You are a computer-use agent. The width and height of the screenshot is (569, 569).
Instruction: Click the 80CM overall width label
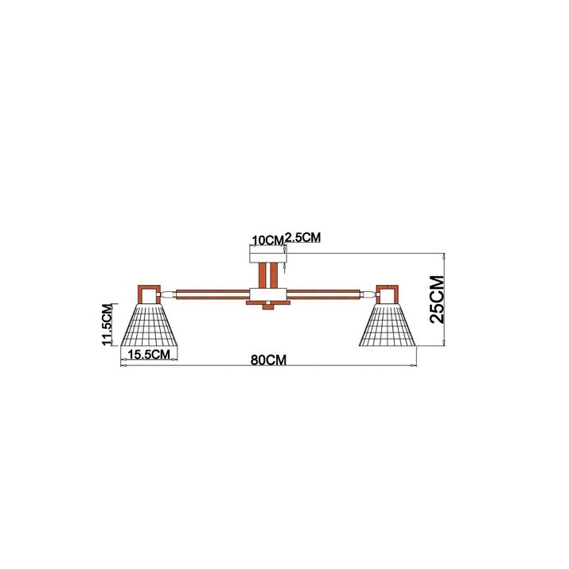[268, 360]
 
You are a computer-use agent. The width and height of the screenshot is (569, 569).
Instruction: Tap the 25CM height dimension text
[437, 299]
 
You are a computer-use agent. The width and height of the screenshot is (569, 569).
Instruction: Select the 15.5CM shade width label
[149, 354]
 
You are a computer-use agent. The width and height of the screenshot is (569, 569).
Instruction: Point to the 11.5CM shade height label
[107, 324]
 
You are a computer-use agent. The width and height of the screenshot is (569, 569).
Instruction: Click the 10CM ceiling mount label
[268, 240]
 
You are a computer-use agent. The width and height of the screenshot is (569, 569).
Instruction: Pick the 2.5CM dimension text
[303, 237]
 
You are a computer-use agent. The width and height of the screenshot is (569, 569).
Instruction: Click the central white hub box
[268, 294]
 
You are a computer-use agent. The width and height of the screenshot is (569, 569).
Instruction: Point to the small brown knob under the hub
[268, 307]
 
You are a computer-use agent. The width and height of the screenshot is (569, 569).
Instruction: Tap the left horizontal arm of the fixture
[213, 294]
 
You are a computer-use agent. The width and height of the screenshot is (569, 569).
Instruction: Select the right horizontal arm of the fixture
[323, 294]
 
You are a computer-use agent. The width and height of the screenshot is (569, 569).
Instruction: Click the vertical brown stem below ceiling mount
[268, 276]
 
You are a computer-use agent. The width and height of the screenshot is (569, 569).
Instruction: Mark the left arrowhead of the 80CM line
[123, 365]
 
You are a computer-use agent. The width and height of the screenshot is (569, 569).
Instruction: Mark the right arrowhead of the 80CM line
[414, 365]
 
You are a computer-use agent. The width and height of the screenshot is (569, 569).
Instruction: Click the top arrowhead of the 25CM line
[445, 255]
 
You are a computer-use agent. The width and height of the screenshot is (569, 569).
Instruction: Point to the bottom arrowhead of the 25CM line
[445, 343]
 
